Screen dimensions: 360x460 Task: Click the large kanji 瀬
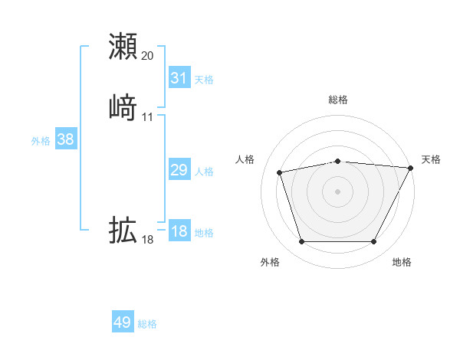[x=123, y=46]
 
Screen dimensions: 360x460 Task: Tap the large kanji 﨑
[x=123, y=107]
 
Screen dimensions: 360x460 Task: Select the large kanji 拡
[x=123, y=230]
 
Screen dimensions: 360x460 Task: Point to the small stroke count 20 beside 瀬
[x=148, y=55]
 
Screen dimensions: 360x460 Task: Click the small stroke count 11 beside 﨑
[x=148, y=116]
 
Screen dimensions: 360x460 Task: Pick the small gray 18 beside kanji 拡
[x=148, y=240]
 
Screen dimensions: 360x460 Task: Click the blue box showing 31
[x=179, y=78]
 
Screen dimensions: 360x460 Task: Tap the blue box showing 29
[x=179, y=170]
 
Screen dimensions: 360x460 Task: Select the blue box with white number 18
[x=179, y=231]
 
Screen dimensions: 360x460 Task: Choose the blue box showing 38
[x=65, y=139]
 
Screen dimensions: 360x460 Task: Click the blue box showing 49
[x=123, y=322]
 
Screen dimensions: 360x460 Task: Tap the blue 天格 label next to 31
[x=204, y=80]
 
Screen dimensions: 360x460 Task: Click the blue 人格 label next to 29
[x=204, y=172]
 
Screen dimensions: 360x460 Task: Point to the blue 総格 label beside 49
[x=147, y=324]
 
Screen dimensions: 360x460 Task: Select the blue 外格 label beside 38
[x=41, y=141]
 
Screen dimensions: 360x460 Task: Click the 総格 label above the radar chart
[x=338, y=100]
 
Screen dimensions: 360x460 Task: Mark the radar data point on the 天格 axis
[x=412, y=168]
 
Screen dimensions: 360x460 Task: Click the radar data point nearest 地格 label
[x=373, y=242]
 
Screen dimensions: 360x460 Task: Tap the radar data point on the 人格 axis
[x=280, y=172]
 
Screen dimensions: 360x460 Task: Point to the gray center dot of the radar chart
[x=338, y=191]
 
